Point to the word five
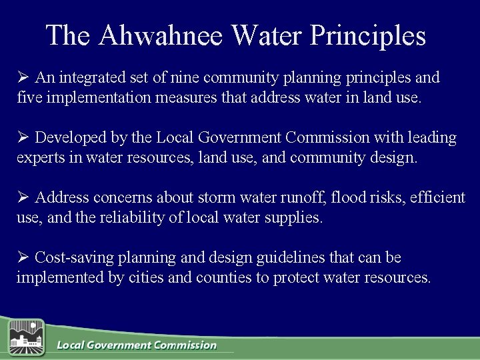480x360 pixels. [x=29, y=99]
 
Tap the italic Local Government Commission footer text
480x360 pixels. [x=137, y=345]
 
